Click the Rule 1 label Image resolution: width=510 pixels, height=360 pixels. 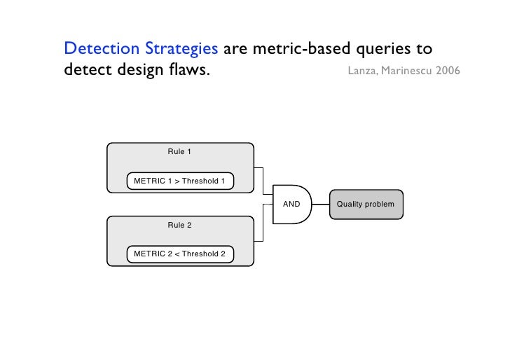[x=179, y=151]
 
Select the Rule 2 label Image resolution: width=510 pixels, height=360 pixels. [x=179, y=225]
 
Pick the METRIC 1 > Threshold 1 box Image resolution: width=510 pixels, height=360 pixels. [x=179, y=181]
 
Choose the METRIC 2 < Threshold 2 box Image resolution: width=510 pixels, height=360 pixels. [x=179, y=254]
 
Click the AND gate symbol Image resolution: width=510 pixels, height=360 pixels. [x=291, y=205]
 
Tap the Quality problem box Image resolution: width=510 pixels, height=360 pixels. [x=366, y=205]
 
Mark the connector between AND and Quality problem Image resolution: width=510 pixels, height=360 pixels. [x=320, y=205]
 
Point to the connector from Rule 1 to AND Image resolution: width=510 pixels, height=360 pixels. [x=262, y=180]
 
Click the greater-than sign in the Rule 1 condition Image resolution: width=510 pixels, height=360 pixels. [x=177, y=181]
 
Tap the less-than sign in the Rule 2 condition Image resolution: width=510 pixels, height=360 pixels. [x=177, y=254]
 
